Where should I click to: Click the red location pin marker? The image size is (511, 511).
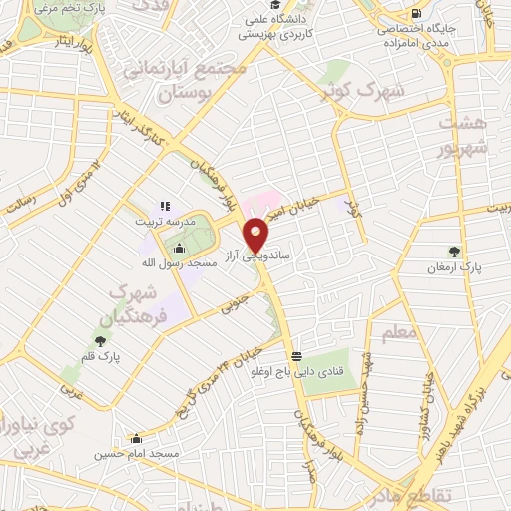click(x=256, y=234)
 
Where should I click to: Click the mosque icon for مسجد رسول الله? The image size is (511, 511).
click(x=179, y=249)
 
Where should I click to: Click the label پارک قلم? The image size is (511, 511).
click(x=101, y=355)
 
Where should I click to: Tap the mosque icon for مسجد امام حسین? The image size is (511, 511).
click(x=137, y=438)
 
